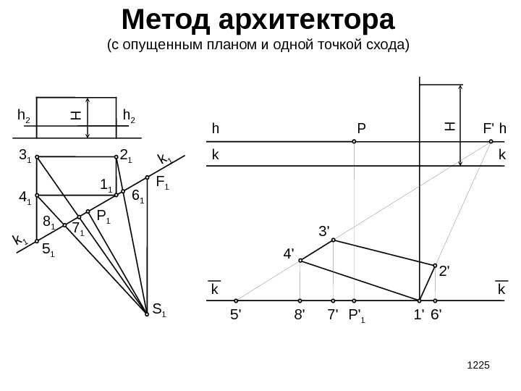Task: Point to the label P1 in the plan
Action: click(103, 215)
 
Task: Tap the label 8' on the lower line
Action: click(300, 315)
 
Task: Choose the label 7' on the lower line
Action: click(332, 315)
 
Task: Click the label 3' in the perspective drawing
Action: click(324, 232)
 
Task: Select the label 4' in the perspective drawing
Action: click(288, 254)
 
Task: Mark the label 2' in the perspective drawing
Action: click(444, 272)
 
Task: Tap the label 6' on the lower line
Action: click(436, 315)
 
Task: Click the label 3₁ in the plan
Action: click(26, 155)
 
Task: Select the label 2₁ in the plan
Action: click(125, 155)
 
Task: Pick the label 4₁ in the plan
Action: click(25, 197)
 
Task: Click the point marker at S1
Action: click(147, 314)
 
